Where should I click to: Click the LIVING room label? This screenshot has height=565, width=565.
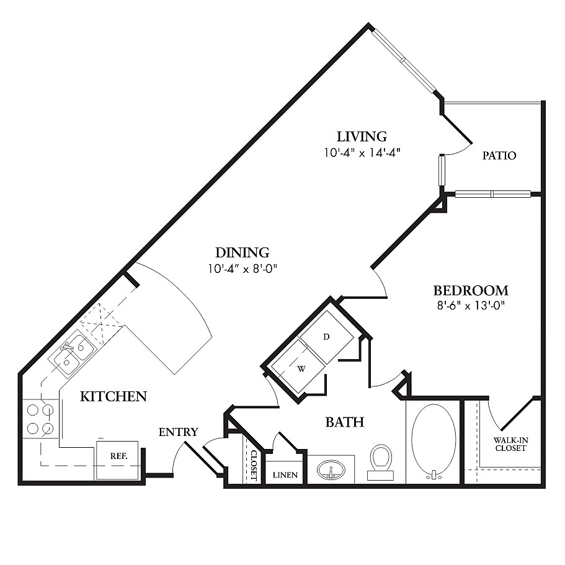[x=362, y=136]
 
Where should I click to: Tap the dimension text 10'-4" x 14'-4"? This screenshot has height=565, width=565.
[x=362, y=153]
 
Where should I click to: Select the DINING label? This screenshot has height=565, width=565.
[x=242, y=252]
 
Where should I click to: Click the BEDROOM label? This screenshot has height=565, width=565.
[x=471, y=290]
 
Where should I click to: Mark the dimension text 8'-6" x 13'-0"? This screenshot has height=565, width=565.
[x=471, y=306]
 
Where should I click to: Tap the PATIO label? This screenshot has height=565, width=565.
[x=499, y=156]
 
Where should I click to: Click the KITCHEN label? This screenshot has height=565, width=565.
[x=113, y=396]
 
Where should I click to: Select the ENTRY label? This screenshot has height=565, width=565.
[x=179, y=432]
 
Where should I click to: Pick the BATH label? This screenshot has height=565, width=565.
[x=344, y=422]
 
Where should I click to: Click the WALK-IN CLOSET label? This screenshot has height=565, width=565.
[x=510, y=444]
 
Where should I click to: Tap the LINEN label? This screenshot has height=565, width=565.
[x=285, y=475]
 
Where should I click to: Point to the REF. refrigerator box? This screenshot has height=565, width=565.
[x=117, y=460]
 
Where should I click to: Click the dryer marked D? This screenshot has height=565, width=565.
[x=326, y=337]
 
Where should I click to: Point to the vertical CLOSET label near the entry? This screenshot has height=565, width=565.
[x=254, y=465]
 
